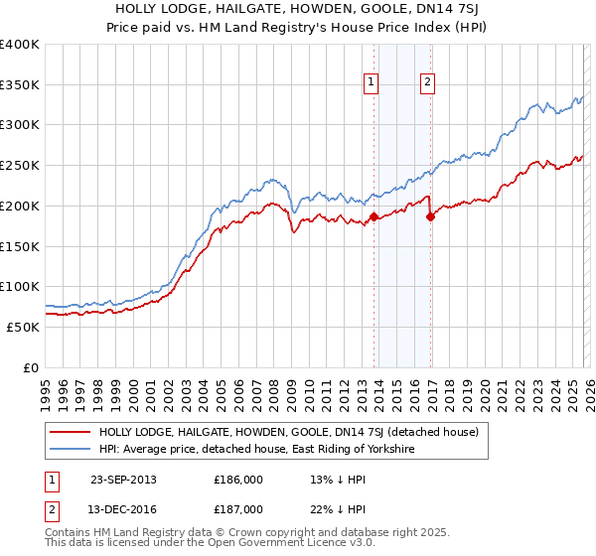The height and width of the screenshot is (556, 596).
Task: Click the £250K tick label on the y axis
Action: click(x=20, y=166)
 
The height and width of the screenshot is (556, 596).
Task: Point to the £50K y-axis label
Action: click(x=23, y=327)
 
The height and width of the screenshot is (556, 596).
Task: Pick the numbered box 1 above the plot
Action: click(x=372, y=83)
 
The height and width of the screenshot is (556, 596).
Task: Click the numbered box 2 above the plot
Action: click(x=427, y=83)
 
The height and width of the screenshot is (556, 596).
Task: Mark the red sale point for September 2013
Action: click(x=373, y=216)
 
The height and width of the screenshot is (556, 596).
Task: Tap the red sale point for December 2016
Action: click(x=430, y=216)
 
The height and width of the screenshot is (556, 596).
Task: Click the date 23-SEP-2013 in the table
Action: click(x=123, y=480)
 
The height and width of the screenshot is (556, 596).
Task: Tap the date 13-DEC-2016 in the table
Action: click(x=123, y=508)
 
